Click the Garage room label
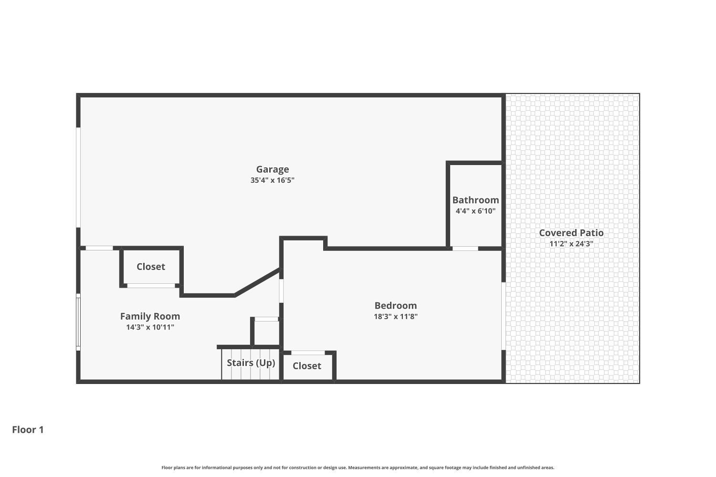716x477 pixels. click(273, 169)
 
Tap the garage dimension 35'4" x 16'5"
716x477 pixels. click(273, 180)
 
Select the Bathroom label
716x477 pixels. click(475, 200)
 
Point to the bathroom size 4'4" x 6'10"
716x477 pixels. click(475, 211)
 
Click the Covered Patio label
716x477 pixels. click(571, 233)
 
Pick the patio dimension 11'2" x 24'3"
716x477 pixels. click(571, 244)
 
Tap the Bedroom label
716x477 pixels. click(395, 306)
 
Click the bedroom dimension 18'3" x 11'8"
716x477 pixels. click(395, 316)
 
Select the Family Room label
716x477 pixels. click(150, 316)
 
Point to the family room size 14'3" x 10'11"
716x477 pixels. click(150, 327)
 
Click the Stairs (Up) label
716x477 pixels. click(251, 363)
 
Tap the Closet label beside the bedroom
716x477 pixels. click(306, 366)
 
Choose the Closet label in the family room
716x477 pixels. click(151, 267)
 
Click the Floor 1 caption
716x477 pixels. click(28, 430)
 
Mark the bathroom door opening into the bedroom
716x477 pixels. click(465, 249)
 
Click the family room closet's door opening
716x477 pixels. click(151, 286)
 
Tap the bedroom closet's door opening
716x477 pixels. click(308, 353)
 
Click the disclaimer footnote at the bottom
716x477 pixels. click(358, 467)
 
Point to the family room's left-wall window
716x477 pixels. click(78, 322)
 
